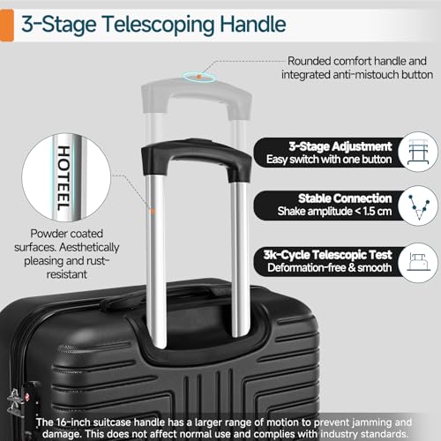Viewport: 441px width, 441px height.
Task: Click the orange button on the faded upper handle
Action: (x=204, y=77)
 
